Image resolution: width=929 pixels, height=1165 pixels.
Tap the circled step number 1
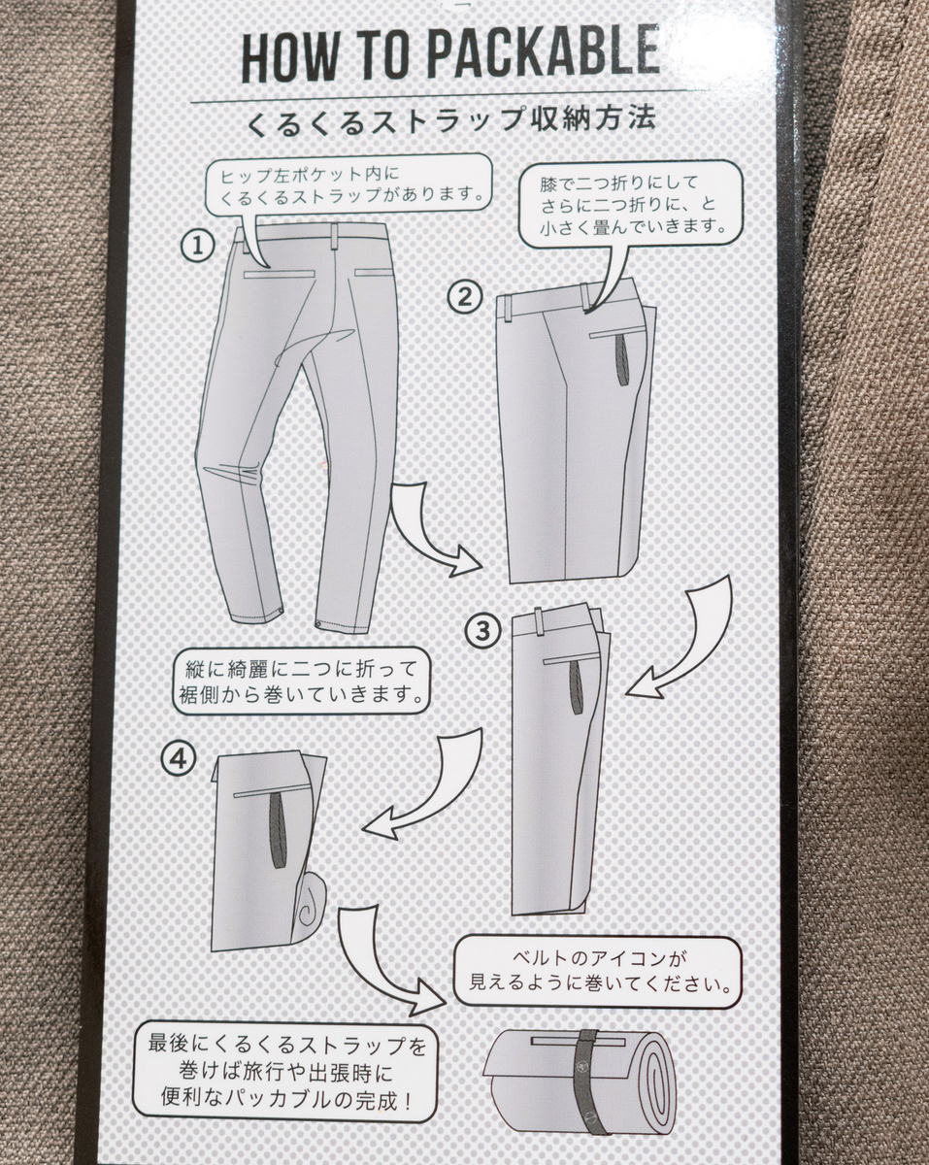coord(198,247)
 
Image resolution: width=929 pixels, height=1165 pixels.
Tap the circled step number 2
coord(464,297)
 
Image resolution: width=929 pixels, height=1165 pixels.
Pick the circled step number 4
coord(178,759)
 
